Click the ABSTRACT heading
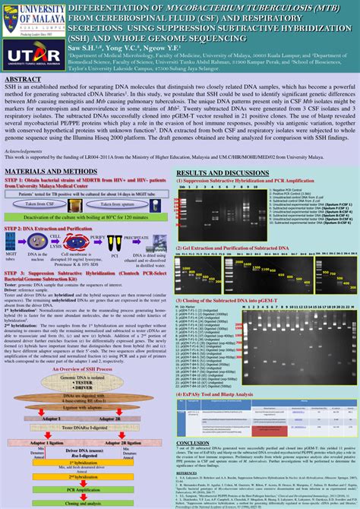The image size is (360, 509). [26, 79]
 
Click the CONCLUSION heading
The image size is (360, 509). [193, 443]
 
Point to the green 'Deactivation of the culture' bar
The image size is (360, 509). [84, 217]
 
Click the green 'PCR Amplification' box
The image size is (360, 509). [84, 490]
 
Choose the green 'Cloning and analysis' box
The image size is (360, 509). [84, 503]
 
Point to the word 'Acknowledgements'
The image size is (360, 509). [24, 151]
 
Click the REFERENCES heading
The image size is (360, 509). [187, 473]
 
